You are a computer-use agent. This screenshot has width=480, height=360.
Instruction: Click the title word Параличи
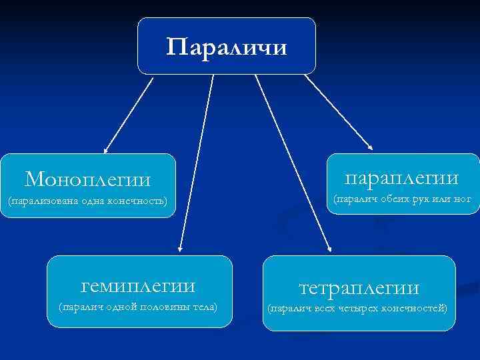[x=227, y=47]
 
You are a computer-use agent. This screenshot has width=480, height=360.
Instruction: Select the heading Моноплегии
[x=87, y=179]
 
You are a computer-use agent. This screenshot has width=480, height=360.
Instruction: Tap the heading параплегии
[x=401, y=177]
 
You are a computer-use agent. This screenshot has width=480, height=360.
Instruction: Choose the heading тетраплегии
[x=359, y=288]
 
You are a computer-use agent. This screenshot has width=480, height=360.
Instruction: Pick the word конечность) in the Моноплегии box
[x=137, y=201]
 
